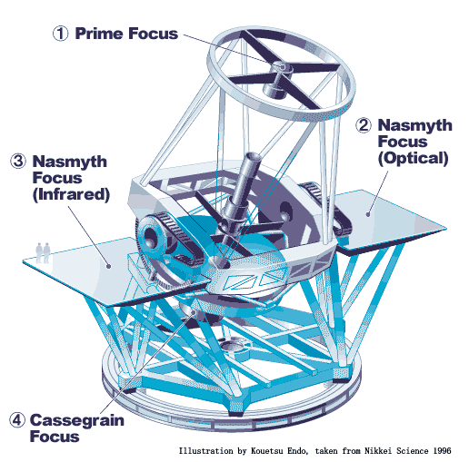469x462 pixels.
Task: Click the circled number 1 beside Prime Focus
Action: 61,34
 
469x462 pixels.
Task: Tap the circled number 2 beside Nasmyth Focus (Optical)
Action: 364,125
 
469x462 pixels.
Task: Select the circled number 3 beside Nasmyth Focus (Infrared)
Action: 18,161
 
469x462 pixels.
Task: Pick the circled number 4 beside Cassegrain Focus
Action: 17,420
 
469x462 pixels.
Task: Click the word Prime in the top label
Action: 98,34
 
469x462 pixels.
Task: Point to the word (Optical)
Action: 413,158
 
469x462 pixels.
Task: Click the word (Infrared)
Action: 71,194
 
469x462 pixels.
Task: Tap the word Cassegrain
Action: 77,421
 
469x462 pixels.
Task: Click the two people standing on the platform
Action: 43,252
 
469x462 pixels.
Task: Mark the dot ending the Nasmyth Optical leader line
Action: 368,214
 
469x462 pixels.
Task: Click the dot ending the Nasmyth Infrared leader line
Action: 108,266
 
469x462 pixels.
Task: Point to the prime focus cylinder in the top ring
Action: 278,80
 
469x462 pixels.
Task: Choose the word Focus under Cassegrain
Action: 55,437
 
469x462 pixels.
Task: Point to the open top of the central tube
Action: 253,156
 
